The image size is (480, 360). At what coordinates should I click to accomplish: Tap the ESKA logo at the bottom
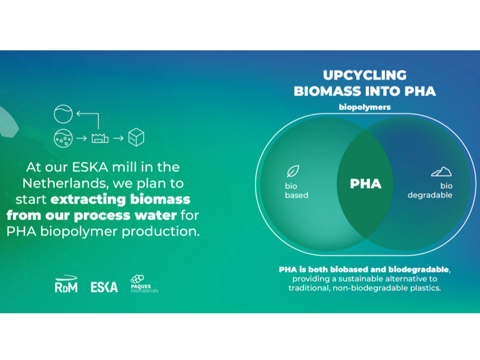(104, 287)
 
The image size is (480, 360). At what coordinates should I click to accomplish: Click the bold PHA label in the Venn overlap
(365, 184)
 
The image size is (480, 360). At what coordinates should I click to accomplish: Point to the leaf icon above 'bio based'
(292, 171)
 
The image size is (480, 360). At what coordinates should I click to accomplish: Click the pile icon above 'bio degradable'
(441, 172)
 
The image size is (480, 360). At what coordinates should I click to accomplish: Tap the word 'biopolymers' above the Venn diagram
(364, 107)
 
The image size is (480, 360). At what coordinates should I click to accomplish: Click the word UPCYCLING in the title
(364, 75)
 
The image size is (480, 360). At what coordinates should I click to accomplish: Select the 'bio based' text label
(296, 191)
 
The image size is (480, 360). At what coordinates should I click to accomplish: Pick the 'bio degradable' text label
(430, 191)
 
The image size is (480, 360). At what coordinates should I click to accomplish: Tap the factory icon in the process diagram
(100, 138)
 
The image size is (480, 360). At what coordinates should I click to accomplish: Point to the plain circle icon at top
(63, 114)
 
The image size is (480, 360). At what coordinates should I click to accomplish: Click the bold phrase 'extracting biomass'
(120, 199)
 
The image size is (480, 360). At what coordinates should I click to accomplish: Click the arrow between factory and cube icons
(118, 138)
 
